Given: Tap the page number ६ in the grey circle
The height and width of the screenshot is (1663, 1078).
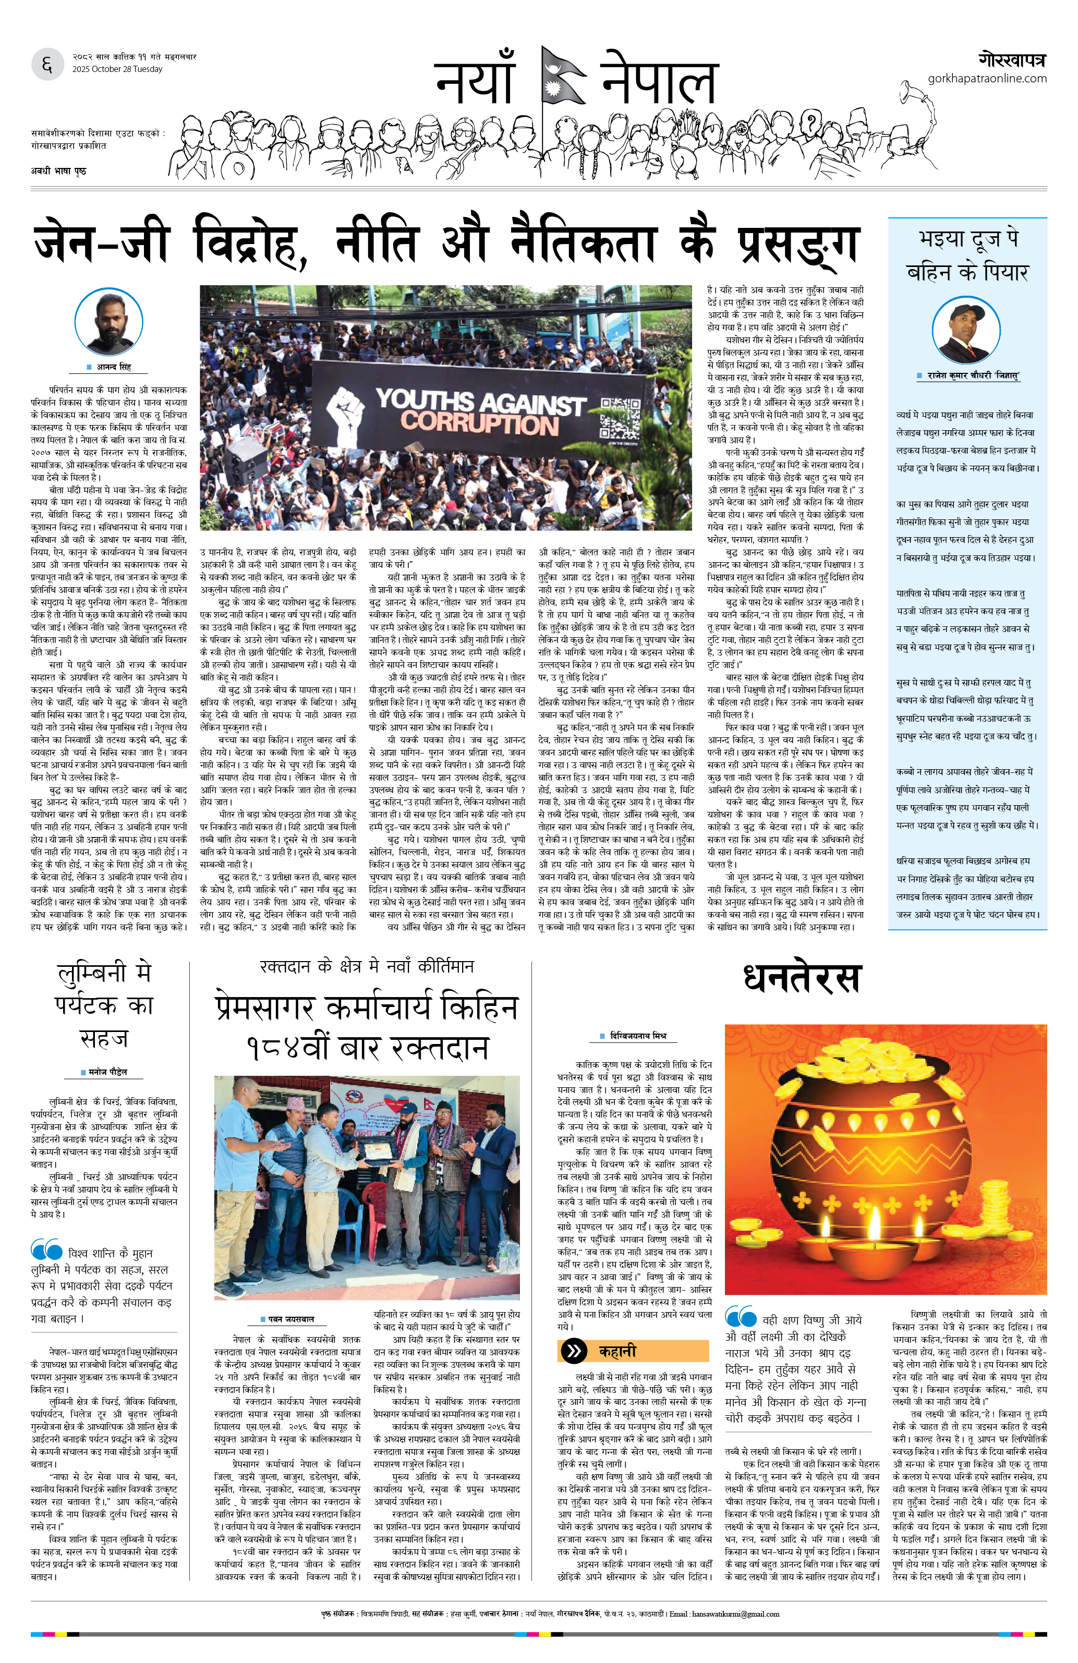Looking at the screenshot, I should [x=47, y=65].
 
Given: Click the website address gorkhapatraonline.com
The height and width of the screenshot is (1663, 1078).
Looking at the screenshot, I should [x=987, y=78].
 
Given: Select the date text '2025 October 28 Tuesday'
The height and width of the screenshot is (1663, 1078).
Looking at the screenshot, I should [x=117, y=69].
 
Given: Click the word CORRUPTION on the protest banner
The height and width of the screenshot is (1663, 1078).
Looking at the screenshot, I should [x=479, y=423].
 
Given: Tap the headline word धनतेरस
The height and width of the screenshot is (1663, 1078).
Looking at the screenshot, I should [x=802, y=978].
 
